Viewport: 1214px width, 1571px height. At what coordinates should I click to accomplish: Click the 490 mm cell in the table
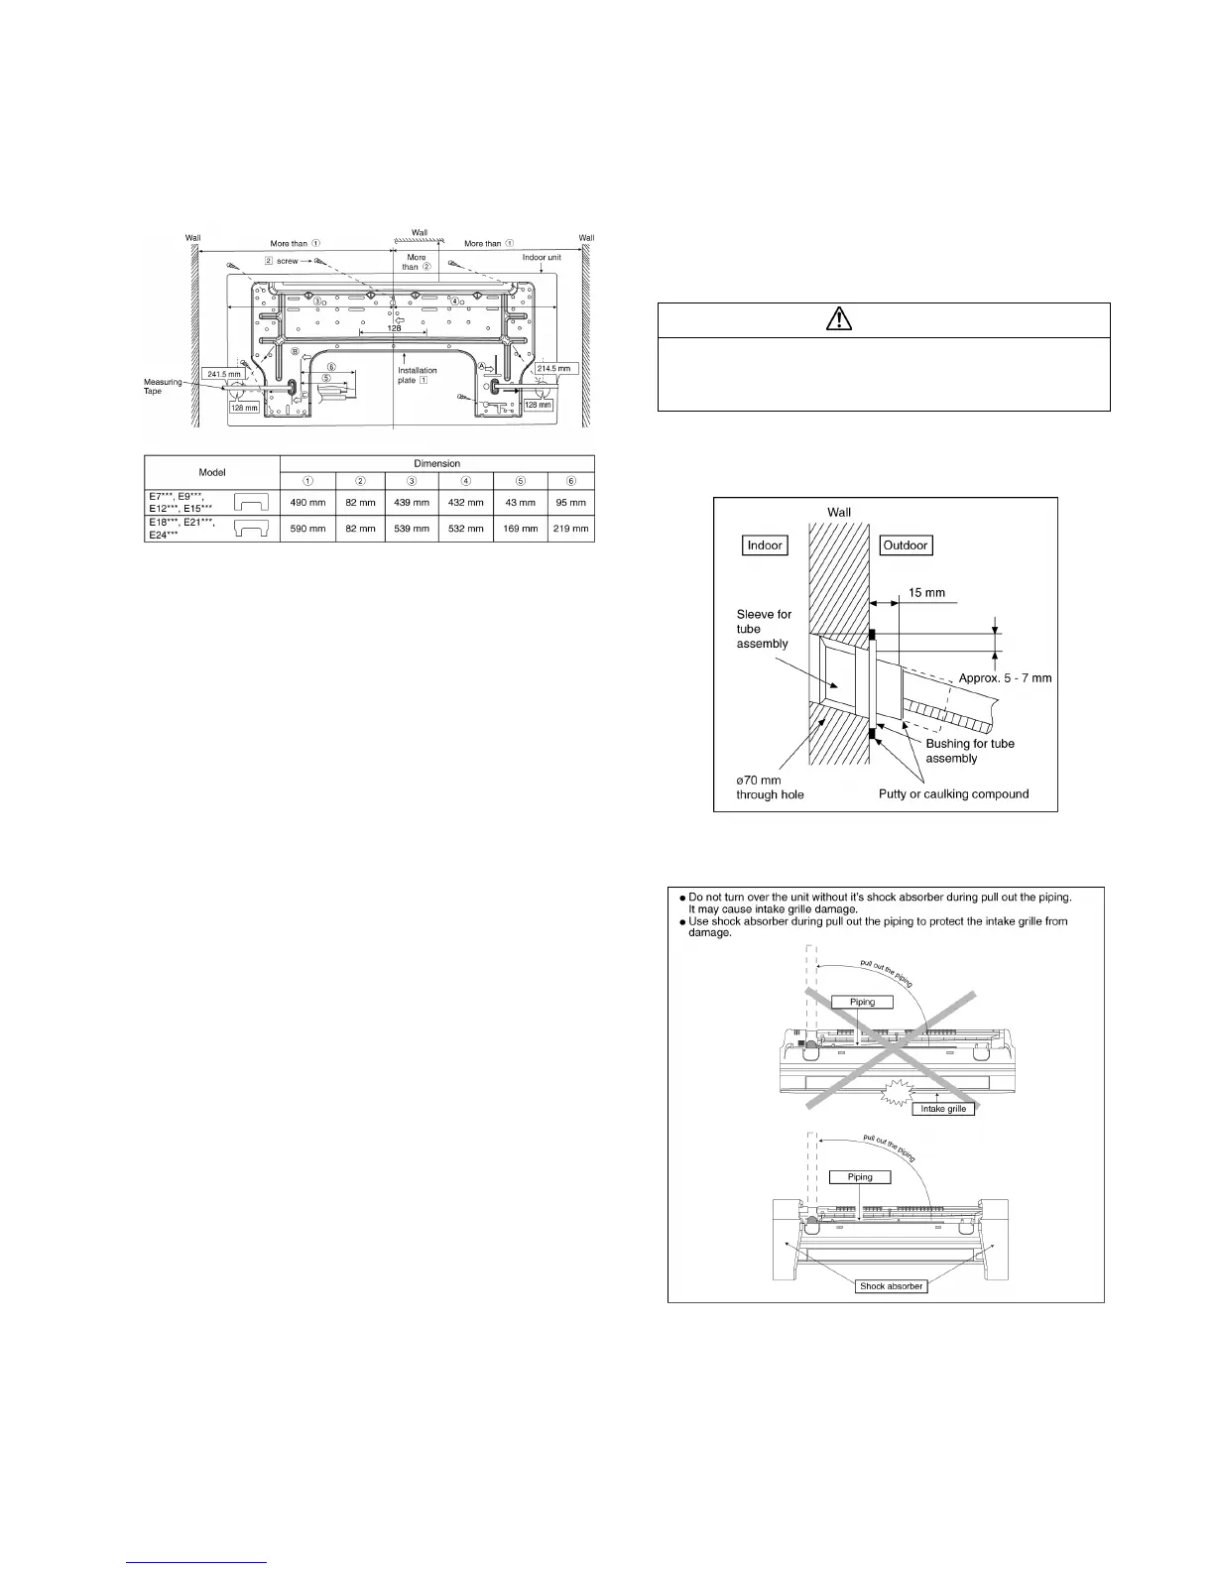pyautogui.click(x=307, y=502)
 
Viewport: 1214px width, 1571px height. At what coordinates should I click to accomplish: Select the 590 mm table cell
pyautogui.click(x=307, y=529)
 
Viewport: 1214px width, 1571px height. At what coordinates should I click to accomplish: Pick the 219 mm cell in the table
pyautogui.click(x=571, y=529)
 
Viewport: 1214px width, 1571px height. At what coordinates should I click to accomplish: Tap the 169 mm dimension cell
pyautogui.click(x=520, y=529)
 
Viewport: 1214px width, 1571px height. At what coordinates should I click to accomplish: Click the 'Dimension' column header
pyautogui.click(x=437, y=463)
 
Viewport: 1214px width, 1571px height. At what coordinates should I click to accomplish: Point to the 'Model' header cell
pyautogui.click(x=212, y=472)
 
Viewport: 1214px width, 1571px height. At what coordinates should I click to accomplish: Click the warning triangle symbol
pyautogui.click(x=883, y=321)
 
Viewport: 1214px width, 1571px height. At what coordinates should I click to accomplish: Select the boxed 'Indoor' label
pyautogui.click(x=765, y=545)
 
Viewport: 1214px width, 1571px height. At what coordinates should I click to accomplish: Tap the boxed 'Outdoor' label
pyautogui.click(x=906, y=545)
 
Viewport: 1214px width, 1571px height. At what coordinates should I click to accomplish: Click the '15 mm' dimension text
pyautogui.click(x=926, y=593)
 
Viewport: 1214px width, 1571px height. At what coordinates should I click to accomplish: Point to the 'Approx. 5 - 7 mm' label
pyautogui.click(x=1005, y=678)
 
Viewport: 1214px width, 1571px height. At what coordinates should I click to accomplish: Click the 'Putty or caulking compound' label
pyautogui.click(x=953, y=793)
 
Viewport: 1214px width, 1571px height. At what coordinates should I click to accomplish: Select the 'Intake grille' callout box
pyautogui.click(x=943, y=1108)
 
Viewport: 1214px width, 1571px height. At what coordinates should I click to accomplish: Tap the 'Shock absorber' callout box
pyautogui.click(x=892, y=1285)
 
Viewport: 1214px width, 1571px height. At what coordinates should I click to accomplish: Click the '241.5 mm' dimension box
pyautogui.click(x=224, y=374)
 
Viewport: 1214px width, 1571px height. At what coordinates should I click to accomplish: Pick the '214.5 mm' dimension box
pyautogui.click(x=556, y=368)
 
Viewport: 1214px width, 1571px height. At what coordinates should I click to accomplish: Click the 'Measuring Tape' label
pyautogui.click(x=163, y=387)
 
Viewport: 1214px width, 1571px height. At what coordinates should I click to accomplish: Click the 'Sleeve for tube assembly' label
pyautogui.click(x=764, y=629)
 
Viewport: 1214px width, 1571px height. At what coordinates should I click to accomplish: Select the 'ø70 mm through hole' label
pyautogui.click(x=770, y=787)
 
